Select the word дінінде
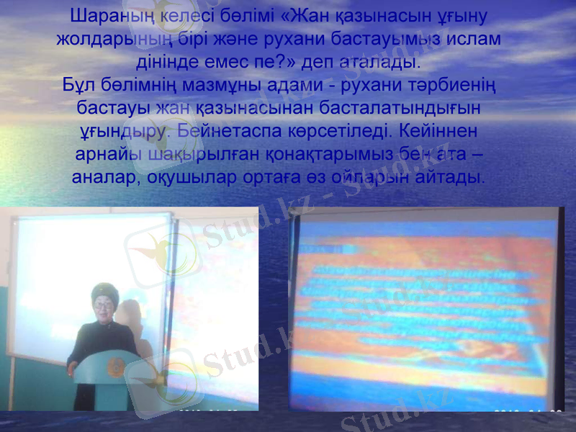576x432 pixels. click(x=174, y=62)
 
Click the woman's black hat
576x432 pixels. click(x=105, y=292)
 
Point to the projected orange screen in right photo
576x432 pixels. click(x=425, y=302)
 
